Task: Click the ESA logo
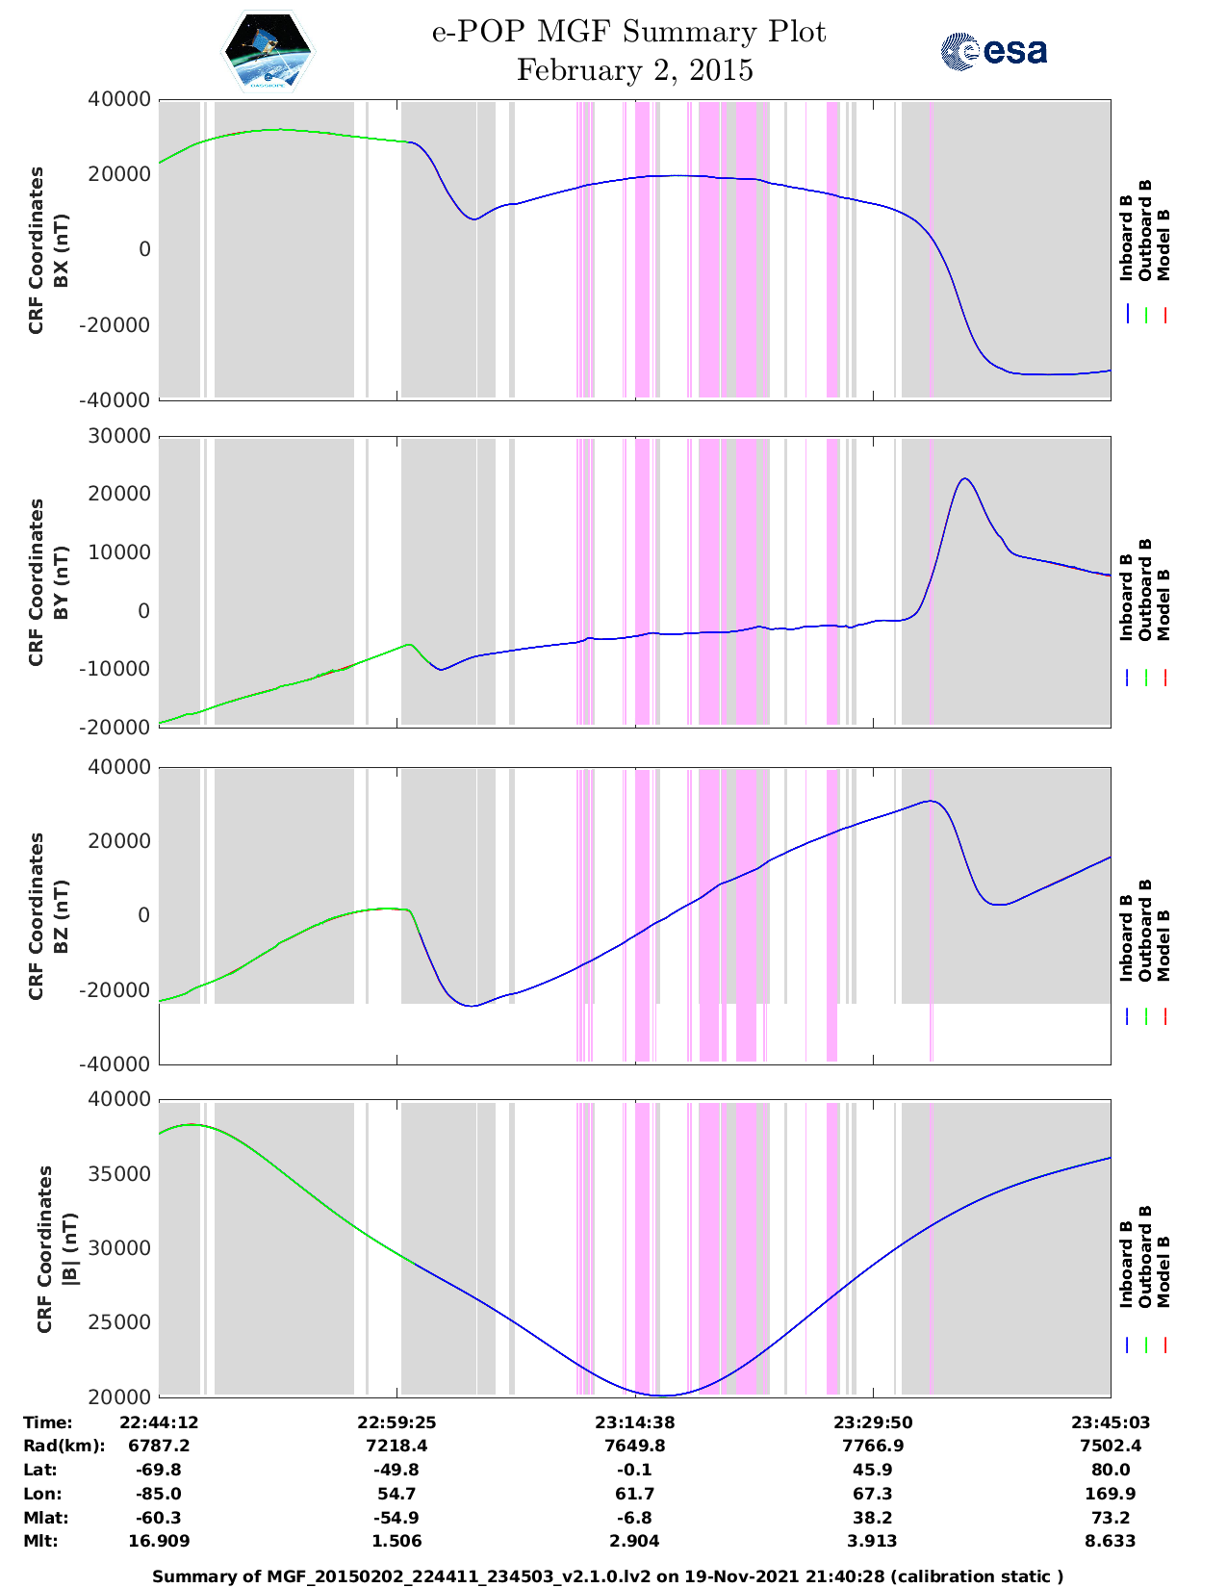click(993, 51)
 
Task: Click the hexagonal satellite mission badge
click(268, 51)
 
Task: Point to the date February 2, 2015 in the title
click(634, 70)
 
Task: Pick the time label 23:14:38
click(634, 1422)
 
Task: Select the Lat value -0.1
click(634, 1470)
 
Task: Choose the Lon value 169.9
click(1110, 1494)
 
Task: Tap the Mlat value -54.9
click(396, 1518)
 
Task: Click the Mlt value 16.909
click(159, 1541)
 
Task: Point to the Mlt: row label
click(40, 1541)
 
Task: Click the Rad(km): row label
click(64, 1446)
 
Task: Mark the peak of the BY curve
click(964, 478)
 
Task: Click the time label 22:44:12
click(159, 1422)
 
